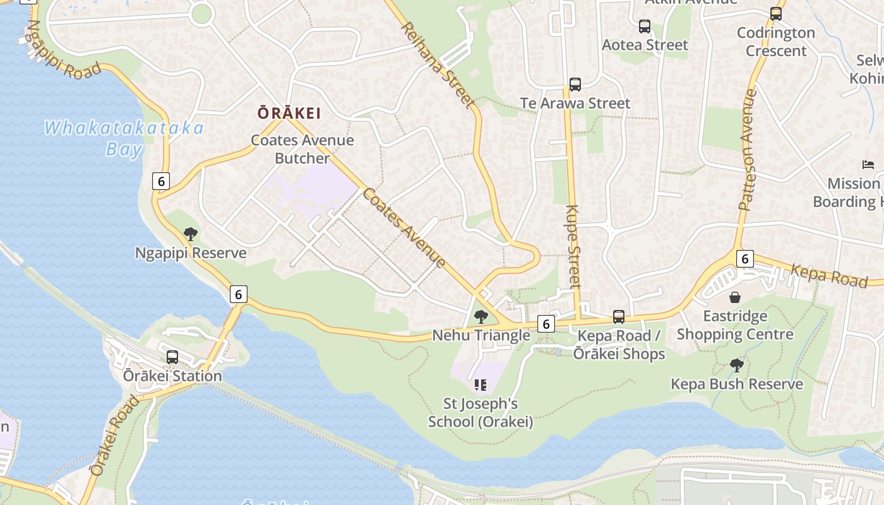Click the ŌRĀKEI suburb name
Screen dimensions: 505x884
(289, 114)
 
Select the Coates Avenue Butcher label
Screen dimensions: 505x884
(302, 149)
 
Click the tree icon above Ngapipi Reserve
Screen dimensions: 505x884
(190, 235)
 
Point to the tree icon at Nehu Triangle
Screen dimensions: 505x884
(481, 317)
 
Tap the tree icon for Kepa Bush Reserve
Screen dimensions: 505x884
(736, 365)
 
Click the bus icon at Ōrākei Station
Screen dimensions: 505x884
(172, 357)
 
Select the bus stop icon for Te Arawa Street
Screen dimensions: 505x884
(575, 85)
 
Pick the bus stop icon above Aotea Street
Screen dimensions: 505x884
(644, 27)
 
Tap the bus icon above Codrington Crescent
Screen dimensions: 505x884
(776, 13)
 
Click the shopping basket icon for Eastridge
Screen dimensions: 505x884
(735, 297)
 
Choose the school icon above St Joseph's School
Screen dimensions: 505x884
(481, 384)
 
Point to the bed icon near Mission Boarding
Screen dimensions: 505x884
(868, 165)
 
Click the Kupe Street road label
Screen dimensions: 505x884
(573, 246)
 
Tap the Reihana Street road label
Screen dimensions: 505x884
(437, 65)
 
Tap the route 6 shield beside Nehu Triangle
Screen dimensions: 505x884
(546, 324)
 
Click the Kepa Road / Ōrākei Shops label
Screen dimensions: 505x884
(619, 345)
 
